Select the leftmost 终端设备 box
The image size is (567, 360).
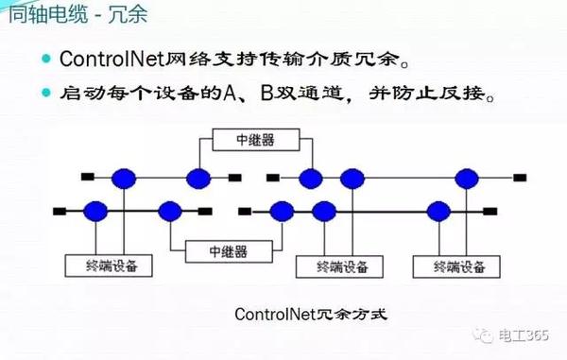pos(107,265)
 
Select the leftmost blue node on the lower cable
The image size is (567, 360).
pos(94,210)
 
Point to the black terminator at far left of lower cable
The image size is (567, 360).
pos(62,210)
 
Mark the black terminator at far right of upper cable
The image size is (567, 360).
pos(522,177)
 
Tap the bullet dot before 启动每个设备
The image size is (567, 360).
pos(45,95)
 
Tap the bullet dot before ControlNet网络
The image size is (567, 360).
pos(45,60)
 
